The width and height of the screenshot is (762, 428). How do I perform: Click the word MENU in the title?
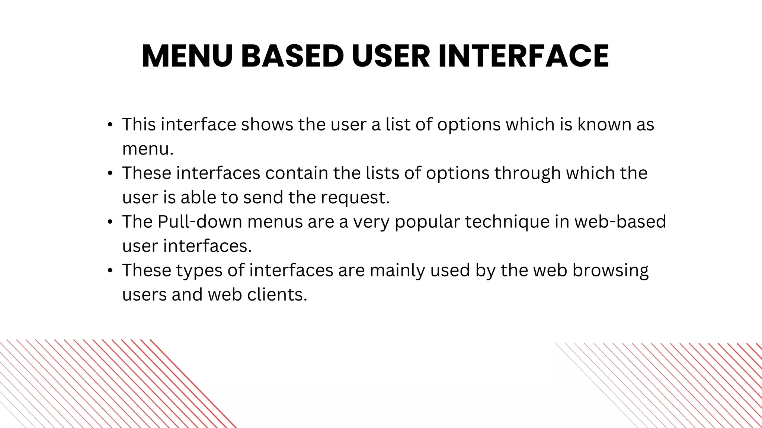[x=187, y=56]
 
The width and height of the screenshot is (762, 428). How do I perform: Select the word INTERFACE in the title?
[x=524, y=56]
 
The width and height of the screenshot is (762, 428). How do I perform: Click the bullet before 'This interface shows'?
[x=110, y=125]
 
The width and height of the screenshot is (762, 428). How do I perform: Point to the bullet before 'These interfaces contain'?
[x=110, y=174]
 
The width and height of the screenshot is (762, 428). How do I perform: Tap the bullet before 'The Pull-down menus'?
[x=110, y=222]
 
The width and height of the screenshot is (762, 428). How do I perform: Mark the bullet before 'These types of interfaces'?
[x=110, y=271]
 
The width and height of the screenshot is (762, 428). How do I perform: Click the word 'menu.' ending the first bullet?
[x=148, y=149]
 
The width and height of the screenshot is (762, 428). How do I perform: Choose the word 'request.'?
[x=355, y=197]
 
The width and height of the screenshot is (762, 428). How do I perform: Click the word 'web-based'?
[x=620, y=222]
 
